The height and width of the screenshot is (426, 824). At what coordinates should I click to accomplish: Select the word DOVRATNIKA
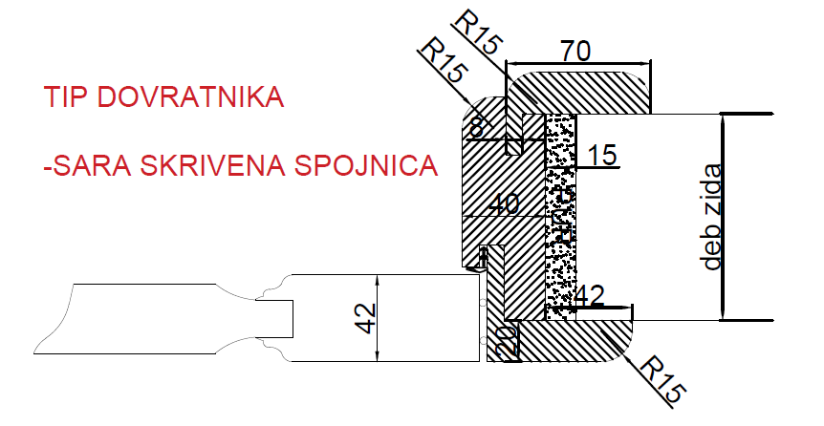pos(191,97)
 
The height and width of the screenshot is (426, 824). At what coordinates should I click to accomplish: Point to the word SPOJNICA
pos(366,165)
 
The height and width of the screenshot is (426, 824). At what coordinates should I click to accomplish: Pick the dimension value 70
pos(575,52)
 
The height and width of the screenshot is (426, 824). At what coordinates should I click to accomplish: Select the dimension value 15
pos(601,155)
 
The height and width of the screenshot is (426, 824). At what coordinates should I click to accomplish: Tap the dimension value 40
pos(504,204)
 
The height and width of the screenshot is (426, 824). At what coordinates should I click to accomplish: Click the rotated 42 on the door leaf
pos(366,318)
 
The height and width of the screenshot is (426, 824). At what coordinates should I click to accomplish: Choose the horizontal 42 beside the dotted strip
pos(589,297)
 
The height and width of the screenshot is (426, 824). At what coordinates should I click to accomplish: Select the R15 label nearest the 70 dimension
pos(477,32)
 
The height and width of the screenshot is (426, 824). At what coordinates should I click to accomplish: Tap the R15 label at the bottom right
pos(664,380)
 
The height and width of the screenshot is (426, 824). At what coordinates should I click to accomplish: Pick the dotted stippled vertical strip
pos(561,217)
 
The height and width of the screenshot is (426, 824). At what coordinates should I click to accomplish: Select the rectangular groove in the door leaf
pos(274,319)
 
